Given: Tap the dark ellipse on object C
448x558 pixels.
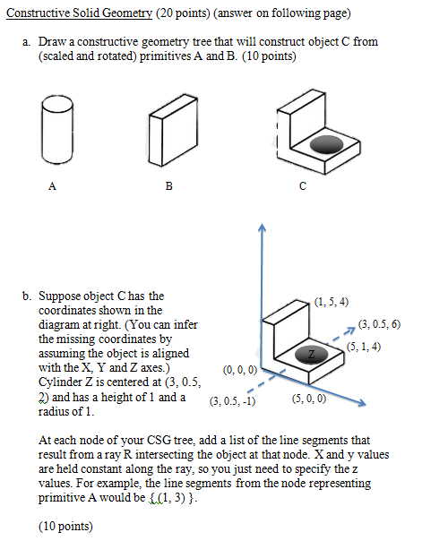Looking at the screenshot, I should pos(326,143).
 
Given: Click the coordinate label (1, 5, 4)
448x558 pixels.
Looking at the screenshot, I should pos(332,301).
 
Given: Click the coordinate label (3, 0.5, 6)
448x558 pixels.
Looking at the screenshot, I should pos(379,323).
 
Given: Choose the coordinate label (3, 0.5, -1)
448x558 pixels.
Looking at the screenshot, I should pos(232,401).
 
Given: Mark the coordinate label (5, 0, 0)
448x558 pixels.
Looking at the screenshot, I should pos(309,399).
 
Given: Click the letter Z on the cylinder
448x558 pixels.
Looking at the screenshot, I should pos(312,355).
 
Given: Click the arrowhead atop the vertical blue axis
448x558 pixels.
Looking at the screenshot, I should pos(262,229).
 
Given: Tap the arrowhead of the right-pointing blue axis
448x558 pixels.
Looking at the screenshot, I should pos(364,405).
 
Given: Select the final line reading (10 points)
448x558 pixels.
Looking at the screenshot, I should pos(65,527).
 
